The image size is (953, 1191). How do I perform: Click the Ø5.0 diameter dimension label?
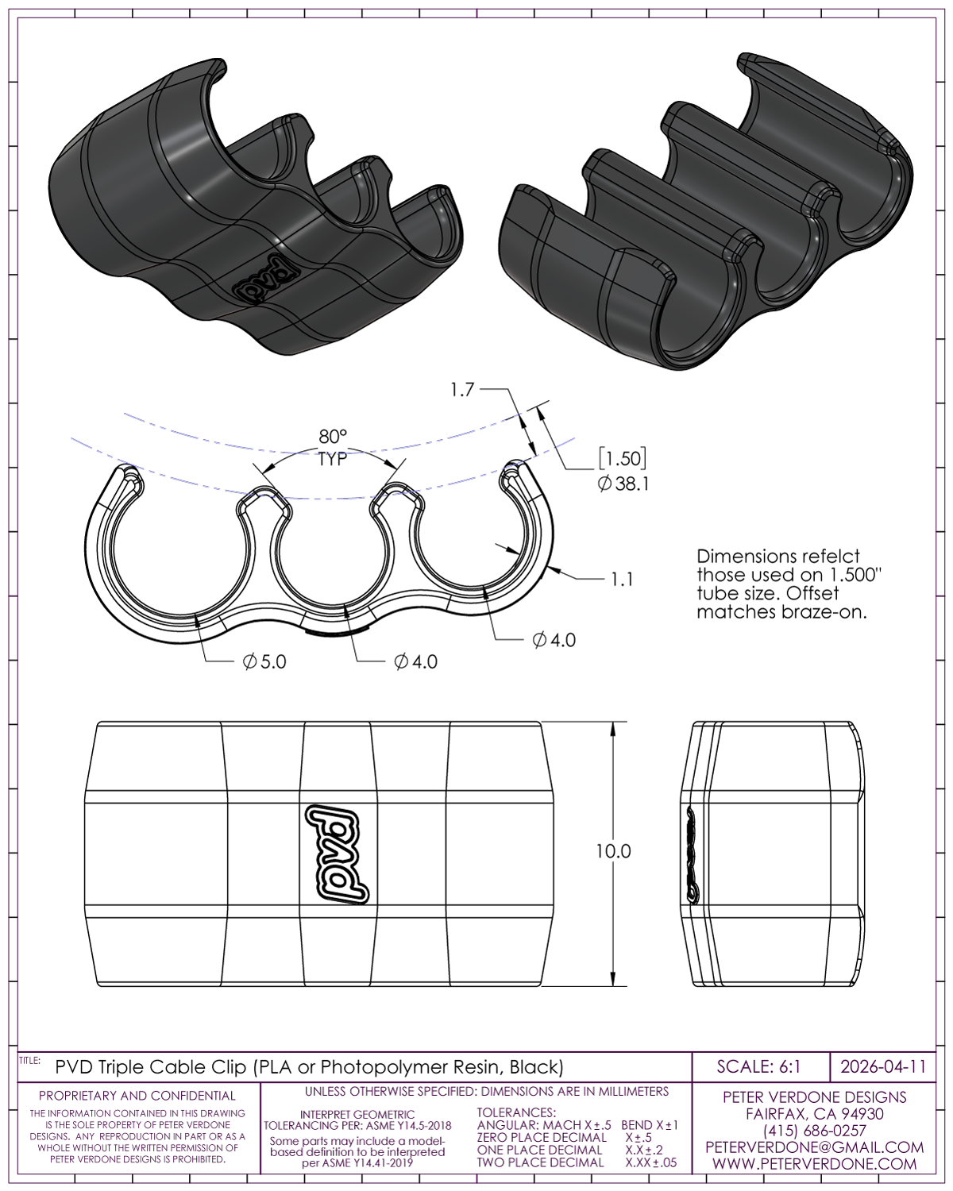click(264, 661)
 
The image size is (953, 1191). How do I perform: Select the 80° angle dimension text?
click(333, 437)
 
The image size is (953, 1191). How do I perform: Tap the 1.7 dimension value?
click(462, 390)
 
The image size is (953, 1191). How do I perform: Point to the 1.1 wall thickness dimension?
click(622, 580)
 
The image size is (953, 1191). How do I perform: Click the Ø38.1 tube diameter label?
click(623, 484)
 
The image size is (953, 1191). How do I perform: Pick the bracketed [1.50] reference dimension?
click(623, 459)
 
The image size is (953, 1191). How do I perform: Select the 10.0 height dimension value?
click(614, 851)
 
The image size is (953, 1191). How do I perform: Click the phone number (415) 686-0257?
click(815, 1131)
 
